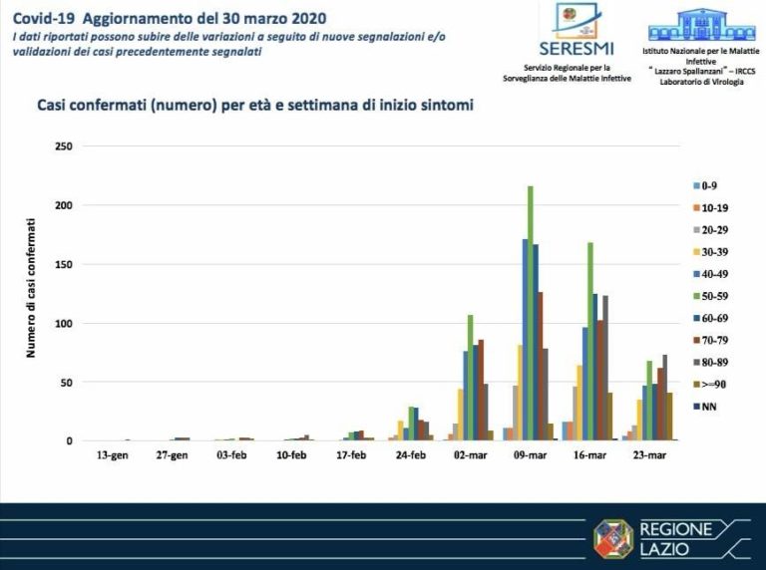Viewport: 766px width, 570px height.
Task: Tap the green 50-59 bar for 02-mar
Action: pos(470,378)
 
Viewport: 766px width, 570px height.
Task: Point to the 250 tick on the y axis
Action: pos(63,146)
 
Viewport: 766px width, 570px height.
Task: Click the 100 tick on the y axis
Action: pos(63,324)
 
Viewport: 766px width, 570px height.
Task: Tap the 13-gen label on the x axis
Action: pos(113,455)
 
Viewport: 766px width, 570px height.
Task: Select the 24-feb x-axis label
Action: pos(410,455)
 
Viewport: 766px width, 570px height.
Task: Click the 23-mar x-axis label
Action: pos(648,455)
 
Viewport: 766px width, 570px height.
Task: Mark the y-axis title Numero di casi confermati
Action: pos(31,294)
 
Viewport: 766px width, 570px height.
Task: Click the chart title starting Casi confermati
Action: pos(254,104)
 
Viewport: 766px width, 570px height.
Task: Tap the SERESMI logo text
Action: pos(576,48)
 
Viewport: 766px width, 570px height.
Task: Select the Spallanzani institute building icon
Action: pos(702,24)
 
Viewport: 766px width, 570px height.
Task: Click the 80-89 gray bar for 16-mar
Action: pos(605,368)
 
